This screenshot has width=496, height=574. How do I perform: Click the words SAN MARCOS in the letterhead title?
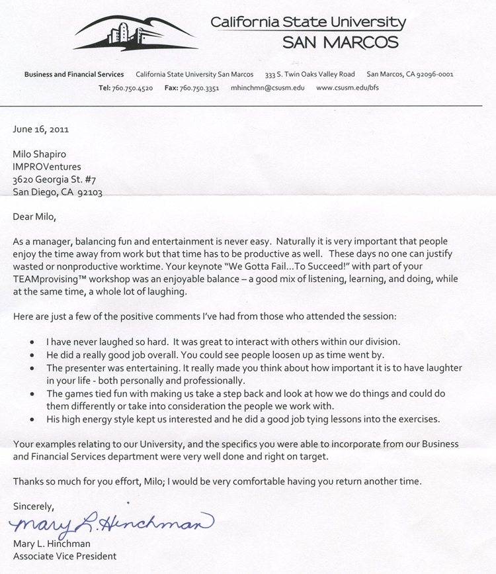point(341,43)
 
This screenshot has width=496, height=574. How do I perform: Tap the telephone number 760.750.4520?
point(133,88)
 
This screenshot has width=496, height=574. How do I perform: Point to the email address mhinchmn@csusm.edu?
point(268,88)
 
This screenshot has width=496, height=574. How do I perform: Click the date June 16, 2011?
point(41,129)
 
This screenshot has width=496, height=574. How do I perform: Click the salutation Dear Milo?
point(35,216)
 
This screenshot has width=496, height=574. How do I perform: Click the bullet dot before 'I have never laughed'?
point(33,342)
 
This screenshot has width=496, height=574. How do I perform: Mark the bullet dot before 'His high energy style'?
point(33,420)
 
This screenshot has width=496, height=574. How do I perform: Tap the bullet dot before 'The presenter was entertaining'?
point(33,368)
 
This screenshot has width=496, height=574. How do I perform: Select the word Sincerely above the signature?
point(34,506)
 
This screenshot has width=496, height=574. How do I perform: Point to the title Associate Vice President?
point(65,556)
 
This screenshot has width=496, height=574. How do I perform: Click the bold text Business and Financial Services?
point(74,74)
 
